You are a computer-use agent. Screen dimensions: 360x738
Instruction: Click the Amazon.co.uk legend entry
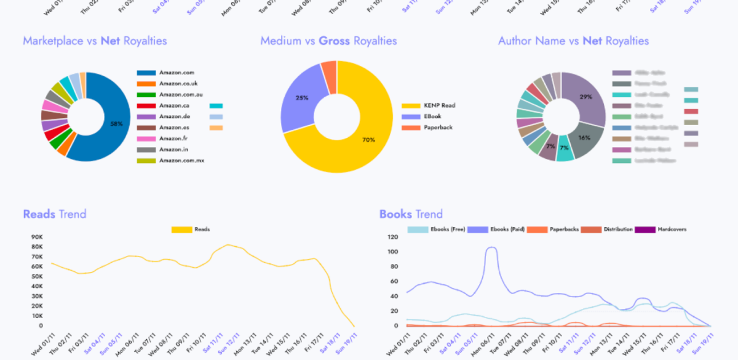pyautogui.click(x=178, y=84)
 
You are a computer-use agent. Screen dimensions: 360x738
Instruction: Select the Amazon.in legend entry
pyautogui.click(x=173, y=150)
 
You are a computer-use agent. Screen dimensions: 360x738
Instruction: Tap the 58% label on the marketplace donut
pyautogui.click(x=116, y=124)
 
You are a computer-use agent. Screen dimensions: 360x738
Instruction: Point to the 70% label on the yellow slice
pyautogui.click(x=368, y=140)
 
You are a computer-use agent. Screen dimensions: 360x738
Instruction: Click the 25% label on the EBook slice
pyautogui.click(x=302, y=98)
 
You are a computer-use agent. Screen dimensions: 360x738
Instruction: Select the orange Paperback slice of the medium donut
pyautogui.click(x=330, y=77)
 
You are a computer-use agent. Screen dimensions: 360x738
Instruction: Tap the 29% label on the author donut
pyautogui.click(x=585, y=97)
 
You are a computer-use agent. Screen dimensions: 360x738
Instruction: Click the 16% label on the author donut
pyautogui.click(x=584, y=138)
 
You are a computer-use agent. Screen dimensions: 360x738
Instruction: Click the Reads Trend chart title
pyautogui.click(x=54, y=214)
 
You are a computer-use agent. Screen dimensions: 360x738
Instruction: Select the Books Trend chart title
pyautogui.click(x=411, y=214)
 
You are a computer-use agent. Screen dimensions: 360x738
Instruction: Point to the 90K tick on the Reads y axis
pyautogui.click(x=36, y=237)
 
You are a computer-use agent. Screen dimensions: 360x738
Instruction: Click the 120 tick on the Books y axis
pyautogui.click(x=394, y=237)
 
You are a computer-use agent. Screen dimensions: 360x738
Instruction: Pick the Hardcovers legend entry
pyautogui.click(x=672, y=229)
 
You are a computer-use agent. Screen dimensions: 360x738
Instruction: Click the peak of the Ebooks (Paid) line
pyautogui.click(x=491, y=247)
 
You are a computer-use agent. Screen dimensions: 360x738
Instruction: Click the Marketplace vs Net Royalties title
pyautogui.click(x=95, y=41)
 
